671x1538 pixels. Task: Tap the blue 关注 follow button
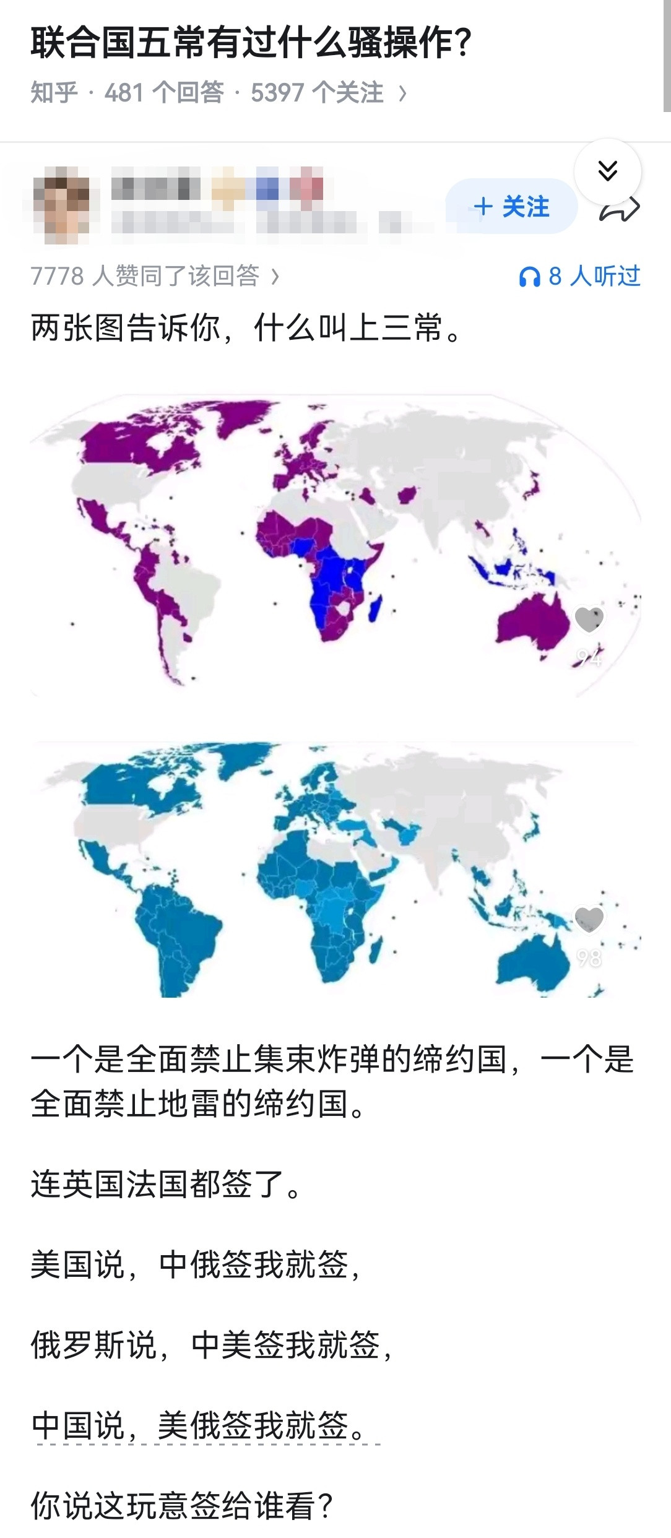coord(511,207)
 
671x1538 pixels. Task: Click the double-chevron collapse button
coord(608,170)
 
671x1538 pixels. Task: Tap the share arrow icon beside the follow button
coord(620,210)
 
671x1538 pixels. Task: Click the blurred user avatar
coord(60,205)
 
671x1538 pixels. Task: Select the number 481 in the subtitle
coord(124,93)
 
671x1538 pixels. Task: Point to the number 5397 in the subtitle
coord(277,93)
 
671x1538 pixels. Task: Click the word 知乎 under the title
coord(54,93)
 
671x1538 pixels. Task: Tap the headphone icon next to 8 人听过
coord(529,277)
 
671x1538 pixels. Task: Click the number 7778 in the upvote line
coord(57,276)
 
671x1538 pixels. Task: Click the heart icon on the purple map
coord(589,618)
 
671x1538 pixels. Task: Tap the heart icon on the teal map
coord(589,919)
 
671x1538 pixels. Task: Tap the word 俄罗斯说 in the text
coord(93,1345)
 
